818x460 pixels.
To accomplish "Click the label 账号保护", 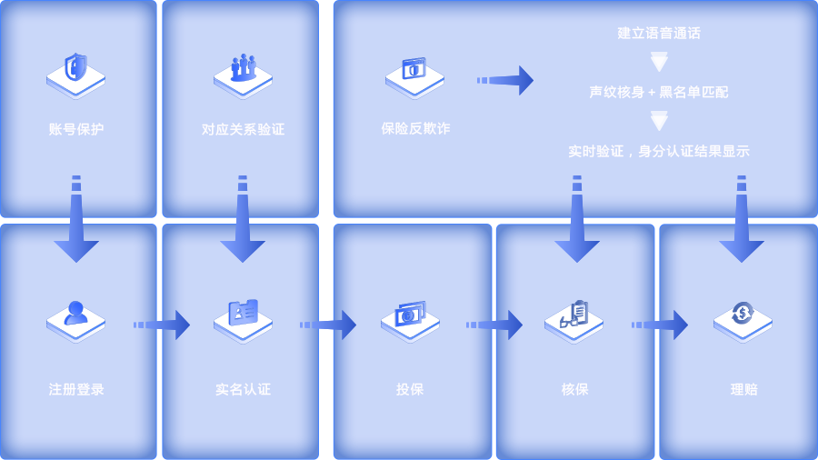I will (x=76, y=129).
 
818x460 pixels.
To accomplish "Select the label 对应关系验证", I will (x=243, y=129).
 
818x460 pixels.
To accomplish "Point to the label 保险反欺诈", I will (x=415, y=128).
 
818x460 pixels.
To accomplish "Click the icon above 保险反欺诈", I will (x=415, y=74).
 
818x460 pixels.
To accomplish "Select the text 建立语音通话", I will (x=659, y=33).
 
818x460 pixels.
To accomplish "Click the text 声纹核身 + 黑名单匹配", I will (x=659, y=92).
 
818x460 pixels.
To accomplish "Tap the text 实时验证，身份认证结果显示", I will (x=659, y=151).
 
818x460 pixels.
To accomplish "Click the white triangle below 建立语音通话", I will (x=659, y=63).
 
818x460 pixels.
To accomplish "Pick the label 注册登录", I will (x=76, y=389).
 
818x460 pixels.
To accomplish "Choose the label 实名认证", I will (x=243, y=389).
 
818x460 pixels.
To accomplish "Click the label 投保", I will (x=410, y=389).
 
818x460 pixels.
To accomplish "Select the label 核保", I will (x=574, y=389).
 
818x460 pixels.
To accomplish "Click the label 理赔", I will (x=743, y=389).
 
